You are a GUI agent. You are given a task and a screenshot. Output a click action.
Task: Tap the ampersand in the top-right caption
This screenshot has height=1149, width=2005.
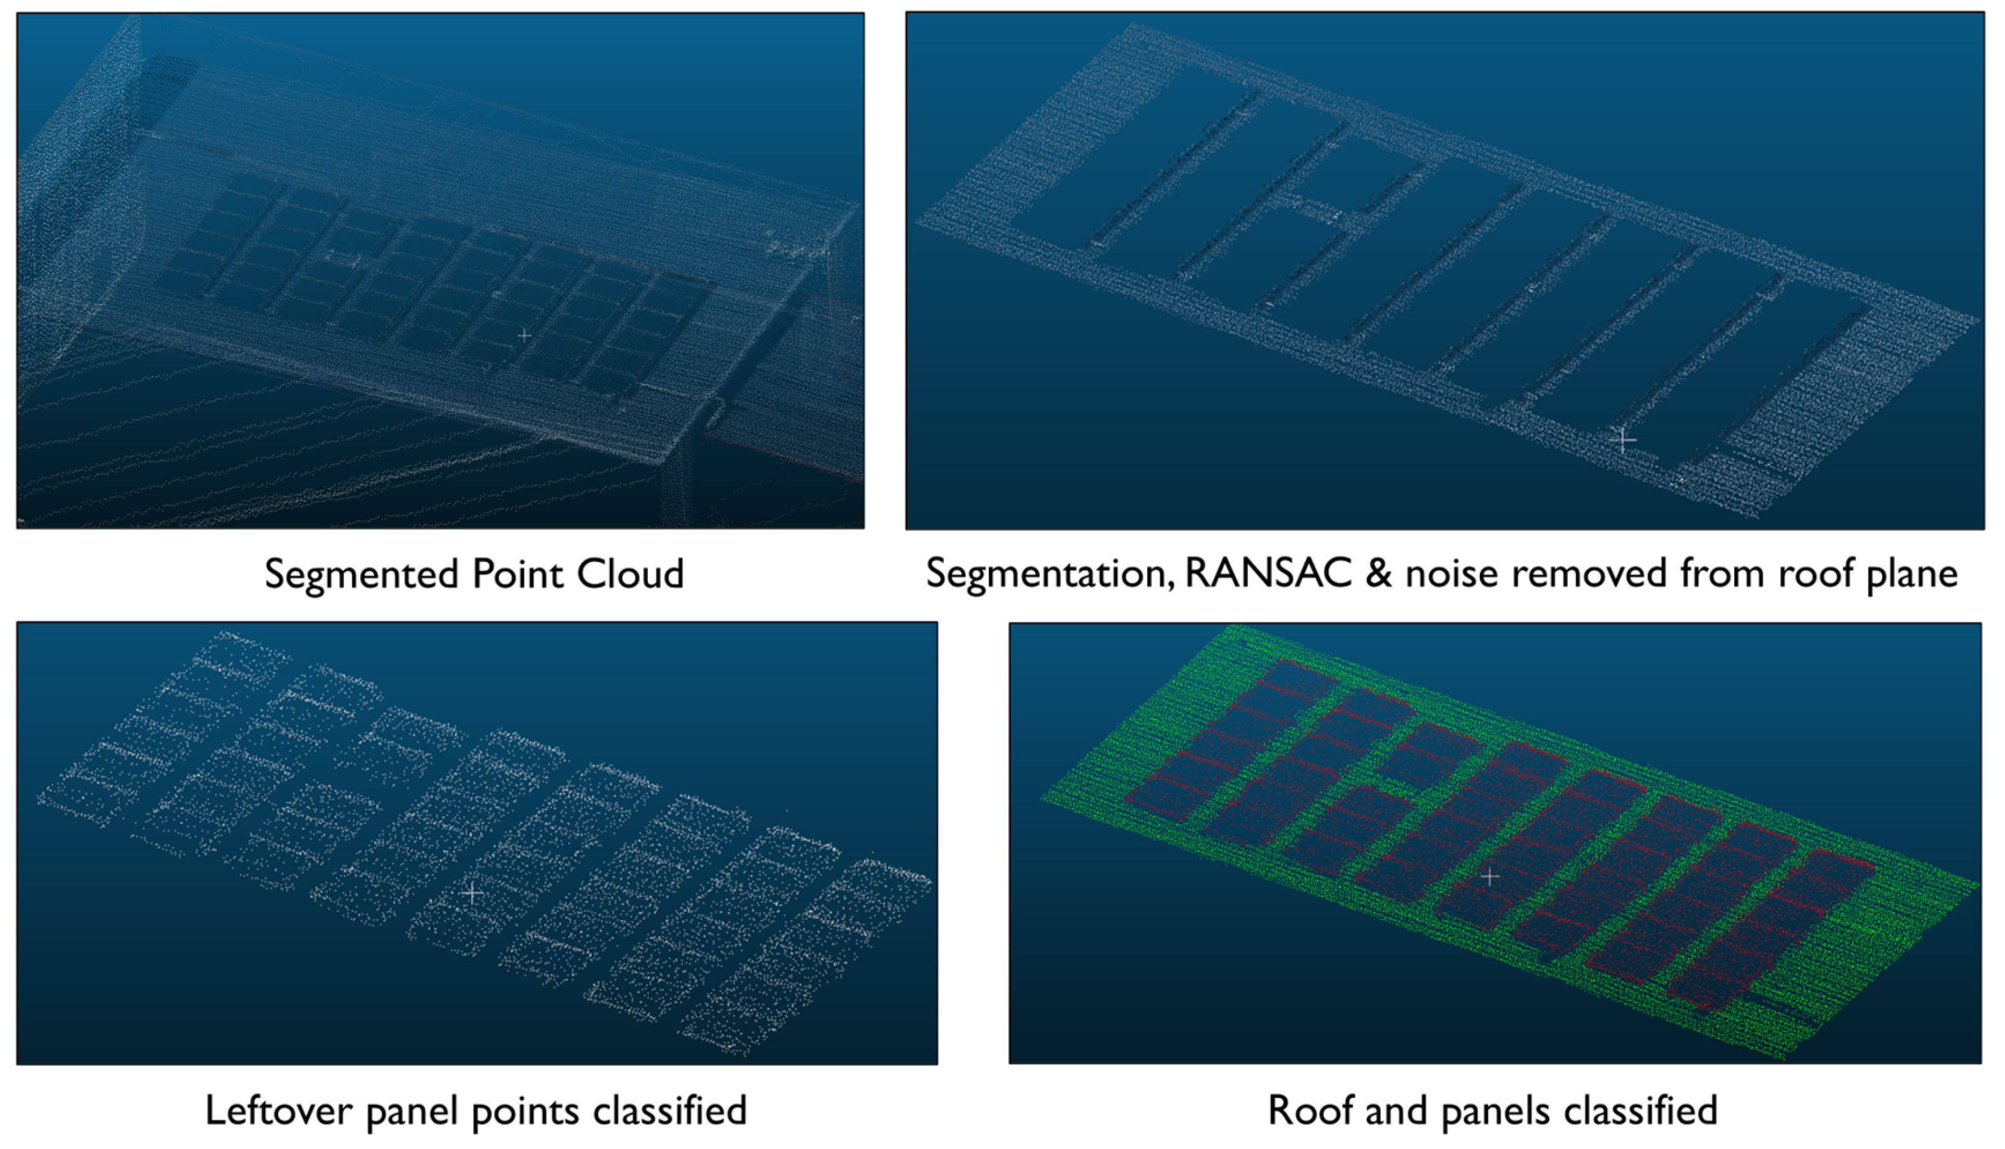1379,573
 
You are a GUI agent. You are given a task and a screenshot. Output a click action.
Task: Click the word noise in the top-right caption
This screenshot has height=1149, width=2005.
1450,573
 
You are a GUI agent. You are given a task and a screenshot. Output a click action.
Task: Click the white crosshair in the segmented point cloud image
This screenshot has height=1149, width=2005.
524,335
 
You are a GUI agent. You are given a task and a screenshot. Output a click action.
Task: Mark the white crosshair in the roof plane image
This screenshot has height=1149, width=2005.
1623,440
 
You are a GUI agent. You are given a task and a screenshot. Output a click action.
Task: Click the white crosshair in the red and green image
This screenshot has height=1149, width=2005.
1490,877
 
